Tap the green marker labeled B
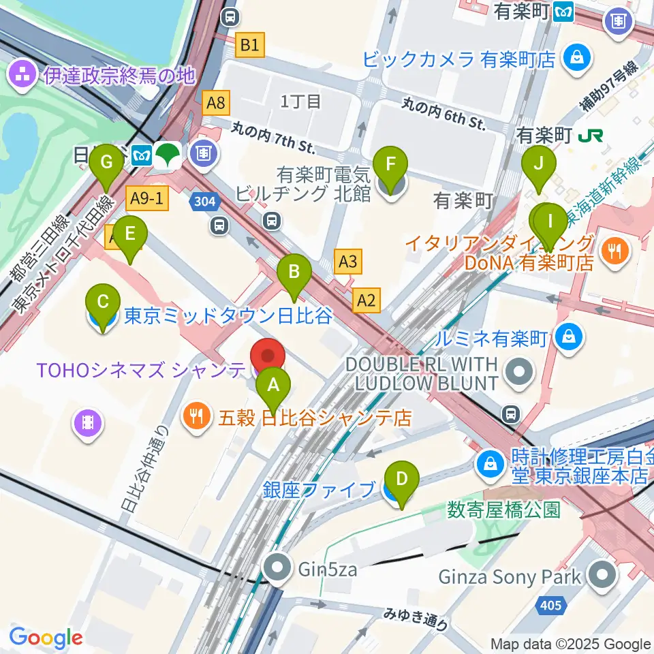click(294, 272)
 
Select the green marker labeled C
click(103, 302)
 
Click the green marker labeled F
click(390, 165)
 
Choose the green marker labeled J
click(539, 164)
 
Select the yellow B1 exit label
click(249, 46)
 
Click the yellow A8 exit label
click(216, 103)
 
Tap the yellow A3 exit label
click(347, 261)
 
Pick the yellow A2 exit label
click(367, 298)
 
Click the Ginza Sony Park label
click(510, 577)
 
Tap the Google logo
click(46, 638)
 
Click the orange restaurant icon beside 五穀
click(198, 417)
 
